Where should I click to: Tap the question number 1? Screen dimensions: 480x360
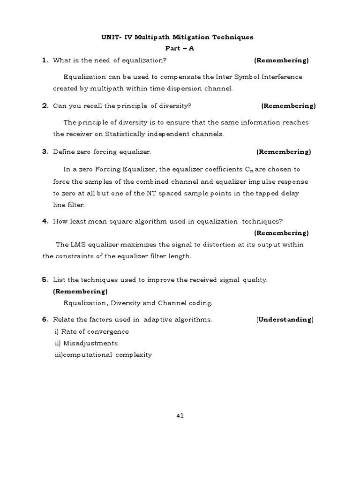tap(45, 60)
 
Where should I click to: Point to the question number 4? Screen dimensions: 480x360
tap(45, 222)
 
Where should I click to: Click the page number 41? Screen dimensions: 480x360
tap(180, 415)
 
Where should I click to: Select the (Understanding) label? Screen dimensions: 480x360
tap(285, 320)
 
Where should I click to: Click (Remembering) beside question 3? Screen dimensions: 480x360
tap(283, 152)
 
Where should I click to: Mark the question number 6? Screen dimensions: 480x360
tap(45, 320)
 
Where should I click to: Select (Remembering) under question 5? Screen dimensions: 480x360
tap(80, 292)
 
